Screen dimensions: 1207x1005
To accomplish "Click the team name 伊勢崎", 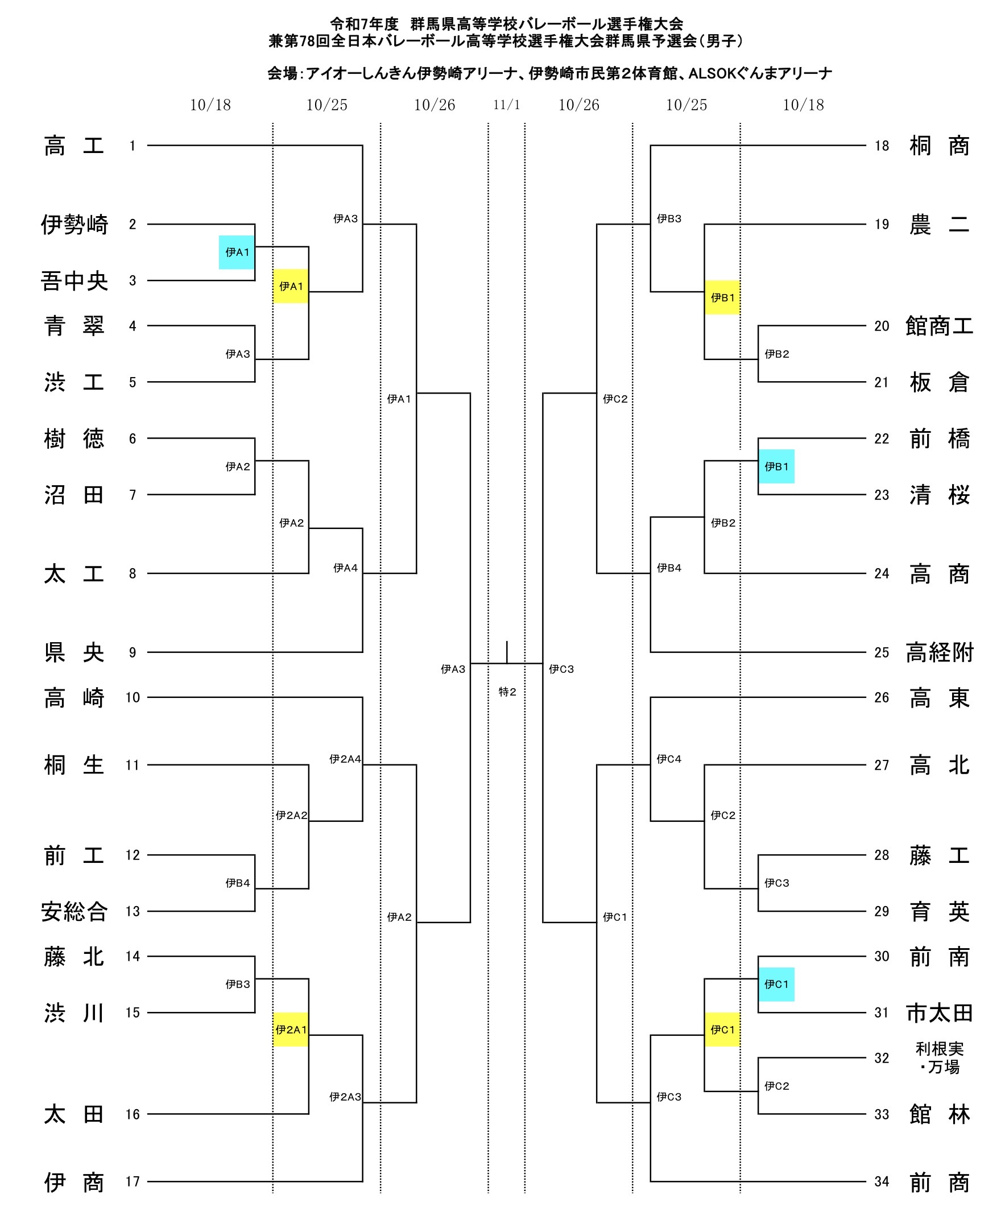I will coord(74,224).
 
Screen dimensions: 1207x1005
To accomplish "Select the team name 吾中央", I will coord(74,280).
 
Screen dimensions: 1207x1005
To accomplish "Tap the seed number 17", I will coord(132,1181).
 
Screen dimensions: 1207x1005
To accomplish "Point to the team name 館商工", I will coord(939,326).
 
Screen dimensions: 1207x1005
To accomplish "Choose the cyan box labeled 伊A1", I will coord(236,253).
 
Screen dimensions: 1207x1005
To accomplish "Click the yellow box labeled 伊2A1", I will coord(290,1030).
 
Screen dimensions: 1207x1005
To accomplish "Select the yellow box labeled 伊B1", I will coord(722,297).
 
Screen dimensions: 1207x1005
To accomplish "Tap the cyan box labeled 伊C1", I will coord(776,984).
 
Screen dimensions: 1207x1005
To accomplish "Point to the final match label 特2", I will coord(507,692).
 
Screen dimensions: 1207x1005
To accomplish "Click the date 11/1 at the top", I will coord(506,105).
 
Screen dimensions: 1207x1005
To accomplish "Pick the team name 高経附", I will coord(939,652).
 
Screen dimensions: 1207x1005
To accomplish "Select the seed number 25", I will coord(881,652).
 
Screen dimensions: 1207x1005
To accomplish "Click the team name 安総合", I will coord(74,911).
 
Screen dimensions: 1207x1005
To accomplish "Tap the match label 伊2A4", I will coord(345,759).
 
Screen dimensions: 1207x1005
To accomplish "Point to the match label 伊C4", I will coord(669,759).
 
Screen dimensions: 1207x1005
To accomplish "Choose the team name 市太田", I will coord(939,1012).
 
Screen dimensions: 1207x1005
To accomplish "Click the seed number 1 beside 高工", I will coord(132,146).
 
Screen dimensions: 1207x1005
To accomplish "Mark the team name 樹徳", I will coord(74,438).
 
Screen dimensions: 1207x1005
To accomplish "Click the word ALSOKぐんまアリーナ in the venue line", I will coord(760,73).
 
